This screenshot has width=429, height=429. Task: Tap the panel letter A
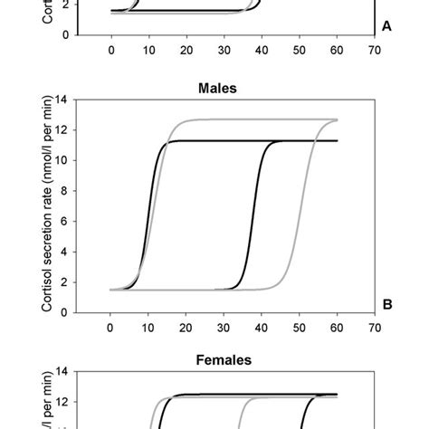click(386, 26)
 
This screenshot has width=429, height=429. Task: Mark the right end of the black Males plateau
click(337, 141)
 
